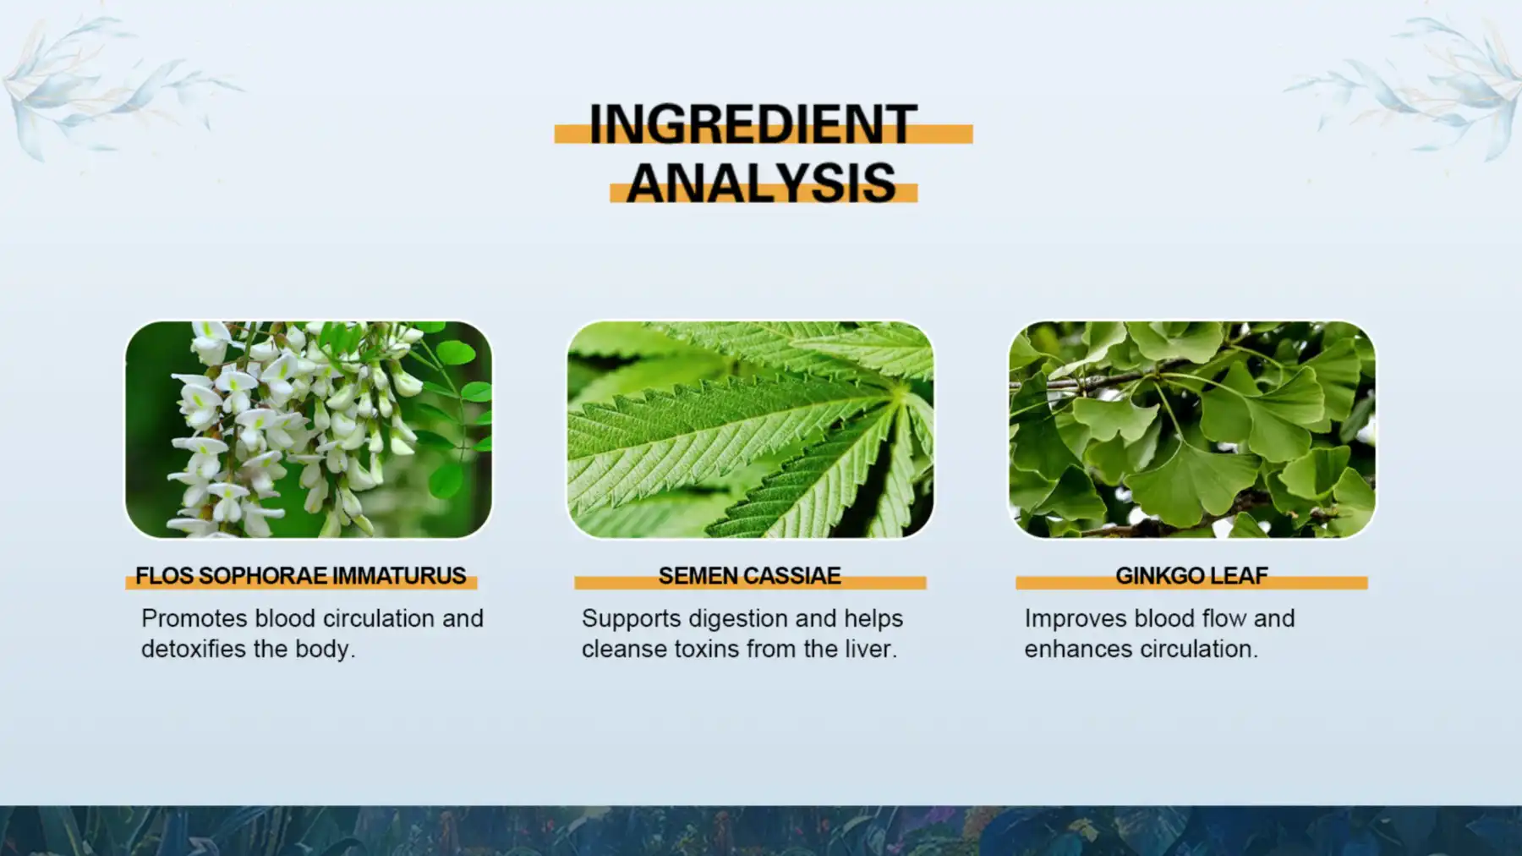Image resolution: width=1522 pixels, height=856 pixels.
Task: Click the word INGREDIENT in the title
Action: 753,124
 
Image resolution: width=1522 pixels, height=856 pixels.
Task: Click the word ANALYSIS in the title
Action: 761,183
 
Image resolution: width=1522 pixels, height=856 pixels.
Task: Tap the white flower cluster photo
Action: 309,429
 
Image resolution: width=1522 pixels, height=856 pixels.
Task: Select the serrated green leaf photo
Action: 750,429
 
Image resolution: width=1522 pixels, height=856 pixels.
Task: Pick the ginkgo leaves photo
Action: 1191,429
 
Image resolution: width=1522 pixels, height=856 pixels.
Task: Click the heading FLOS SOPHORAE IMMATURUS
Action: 300,576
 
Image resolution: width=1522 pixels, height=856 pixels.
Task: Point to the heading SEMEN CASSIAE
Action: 749,576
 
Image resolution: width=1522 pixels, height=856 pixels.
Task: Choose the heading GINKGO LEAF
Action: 1191,576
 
